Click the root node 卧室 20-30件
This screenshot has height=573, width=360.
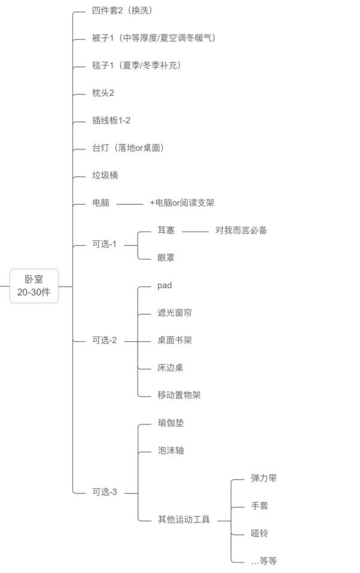[x=34, y=286]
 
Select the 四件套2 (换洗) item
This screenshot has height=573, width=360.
[x=122, y=11]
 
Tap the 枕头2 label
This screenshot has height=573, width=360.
[x=103, y=93]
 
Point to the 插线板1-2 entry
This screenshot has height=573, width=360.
[x=111, y=120]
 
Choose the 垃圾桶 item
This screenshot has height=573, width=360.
[x=105, y=175]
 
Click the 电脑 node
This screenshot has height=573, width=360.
[x=101, y=203]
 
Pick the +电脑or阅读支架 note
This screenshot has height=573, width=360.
[x=182, y=203]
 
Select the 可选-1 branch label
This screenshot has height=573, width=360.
[x=104, y=244]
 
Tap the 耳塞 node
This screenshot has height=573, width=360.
[x=166, y=230]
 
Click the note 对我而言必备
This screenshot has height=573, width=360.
[x=241, y=230]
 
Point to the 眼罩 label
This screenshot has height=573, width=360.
[x=166, y=257]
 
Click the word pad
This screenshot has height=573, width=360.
[x=164, y=286]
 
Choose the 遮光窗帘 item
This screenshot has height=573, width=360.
[x=175, y=313]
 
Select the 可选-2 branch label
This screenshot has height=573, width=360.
[x=104, y=340]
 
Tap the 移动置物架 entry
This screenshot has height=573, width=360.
[x=179, y=395]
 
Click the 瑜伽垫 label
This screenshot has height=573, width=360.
[x=170, y=423]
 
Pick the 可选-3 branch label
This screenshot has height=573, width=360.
[x=104, y=492]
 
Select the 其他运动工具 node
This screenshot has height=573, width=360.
[x=184, y=519]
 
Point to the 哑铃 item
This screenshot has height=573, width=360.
[x=259, y=533]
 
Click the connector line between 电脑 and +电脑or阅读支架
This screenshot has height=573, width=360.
[x=130, y=204]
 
